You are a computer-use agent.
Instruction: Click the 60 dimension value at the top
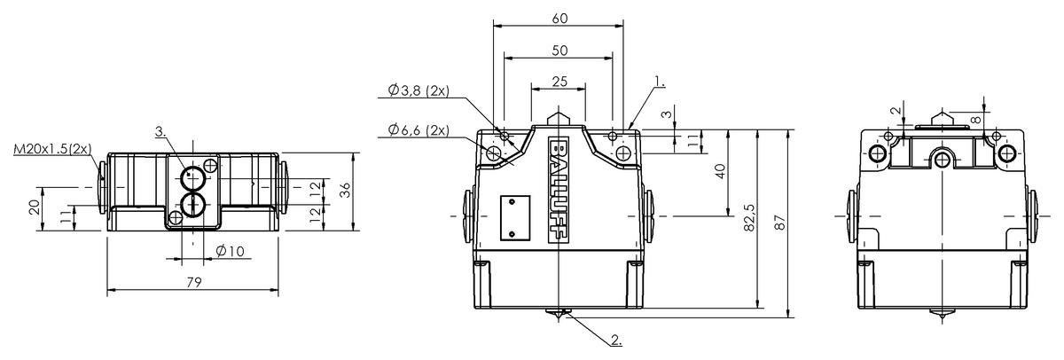click(560, 19)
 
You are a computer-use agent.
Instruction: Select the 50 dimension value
click(560, 51)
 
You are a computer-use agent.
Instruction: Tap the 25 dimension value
click(560, 82)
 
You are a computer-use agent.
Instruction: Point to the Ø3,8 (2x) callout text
click(419, 90)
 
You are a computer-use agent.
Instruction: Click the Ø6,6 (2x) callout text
click(419, 129)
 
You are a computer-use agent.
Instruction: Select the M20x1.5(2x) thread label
click(52, 149)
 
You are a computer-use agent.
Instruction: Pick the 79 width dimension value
click(194, 282)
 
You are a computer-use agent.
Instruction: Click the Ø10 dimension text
click(230, 251)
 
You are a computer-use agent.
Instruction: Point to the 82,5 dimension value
click(748, 218)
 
